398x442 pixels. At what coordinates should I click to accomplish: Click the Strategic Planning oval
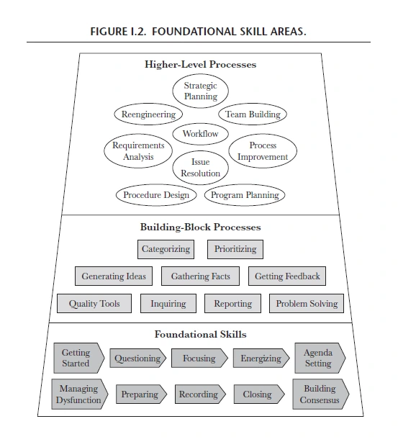200,91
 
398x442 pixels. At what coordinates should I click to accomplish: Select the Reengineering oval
148,114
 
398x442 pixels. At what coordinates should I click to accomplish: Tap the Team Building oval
253,114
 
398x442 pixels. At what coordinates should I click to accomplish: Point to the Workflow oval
200,134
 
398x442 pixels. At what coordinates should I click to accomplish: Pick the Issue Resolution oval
200,168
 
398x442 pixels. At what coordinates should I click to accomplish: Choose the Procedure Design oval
156,195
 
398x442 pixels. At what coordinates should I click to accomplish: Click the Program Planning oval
245,195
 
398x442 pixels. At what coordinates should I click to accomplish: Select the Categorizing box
166,249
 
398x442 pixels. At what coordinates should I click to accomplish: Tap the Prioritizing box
235,249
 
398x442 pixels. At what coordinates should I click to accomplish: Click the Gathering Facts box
200,276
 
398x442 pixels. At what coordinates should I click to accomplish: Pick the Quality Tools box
94,303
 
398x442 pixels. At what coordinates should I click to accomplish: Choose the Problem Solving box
307,303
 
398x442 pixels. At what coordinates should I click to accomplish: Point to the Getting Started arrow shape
79,358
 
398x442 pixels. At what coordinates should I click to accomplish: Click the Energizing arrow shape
261,358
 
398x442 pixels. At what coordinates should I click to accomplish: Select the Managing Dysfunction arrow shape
80,394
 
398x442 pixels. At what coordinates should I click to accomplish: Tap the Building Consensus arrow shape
321,394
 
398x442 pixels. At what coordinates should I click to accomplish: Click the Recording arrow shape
200,394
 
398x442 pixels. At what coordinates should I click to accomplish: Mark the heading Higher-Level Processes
200,64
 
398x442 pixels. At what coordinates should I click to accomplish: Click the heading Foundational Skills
200,334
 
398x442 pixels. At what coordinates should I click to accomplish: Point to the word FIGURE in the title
109,31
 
